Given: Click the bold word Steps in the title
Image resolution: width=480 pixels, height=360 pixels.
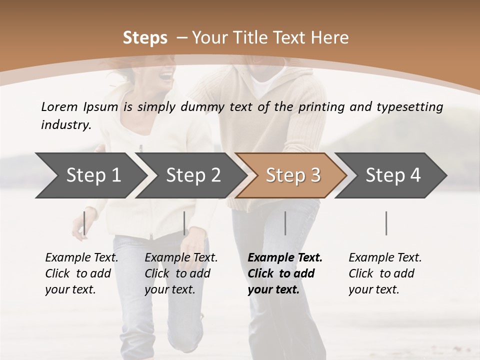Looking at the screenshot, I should click(x=145, y=38).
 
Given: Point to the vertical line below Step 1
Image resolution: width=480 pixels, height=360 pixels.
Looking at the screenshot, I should click(x=84, y=223).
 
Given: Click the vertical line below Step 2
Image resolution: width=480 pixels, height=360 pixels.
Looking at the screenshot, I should click(x=184, y=223).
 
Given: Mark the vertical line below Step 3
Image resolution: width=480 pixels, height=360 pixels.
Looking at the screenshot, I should click(x=285, y=223).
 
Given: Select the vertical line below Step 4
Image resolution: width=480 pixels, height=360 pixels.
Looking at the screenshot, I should click(x=386, y=223).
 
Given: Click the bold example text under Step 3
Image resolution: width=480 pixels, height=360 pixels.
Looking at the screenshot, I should click(x=285, y=273).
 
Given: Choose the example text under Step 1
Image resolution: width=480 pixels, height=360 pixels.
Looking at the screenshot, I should click(x=81, y=273).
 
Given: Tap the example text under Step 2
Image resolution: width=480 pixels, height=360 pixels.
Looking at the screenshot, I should click(x=181, y=273).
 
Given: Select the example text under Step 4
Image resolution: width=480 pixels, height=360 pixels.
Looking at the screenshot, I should click(x=385, y=273).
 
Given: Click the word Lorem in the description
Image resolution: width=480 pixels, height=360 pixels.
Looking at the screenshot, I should click(x=59, y=106).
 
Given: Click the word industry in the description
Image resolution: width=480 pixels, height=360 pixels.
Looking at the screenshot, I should click(x=66, y=124).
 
